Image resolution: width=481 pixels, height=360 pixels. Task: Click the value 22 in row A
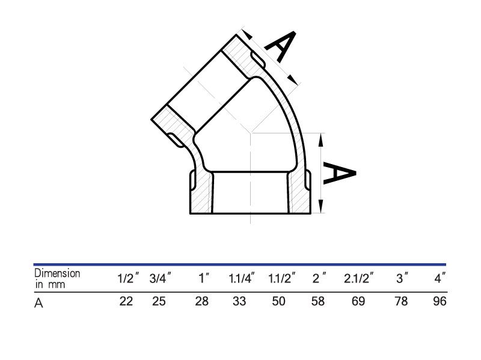click(126, 302)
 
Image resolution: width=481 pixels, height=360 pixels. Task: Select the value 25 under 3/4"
click(159, 302)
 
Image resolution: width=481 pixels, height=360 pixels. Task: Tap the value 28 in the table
click(201, 302)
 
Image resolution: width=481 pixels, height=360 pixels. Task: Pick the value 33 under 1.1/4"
click(239, 302)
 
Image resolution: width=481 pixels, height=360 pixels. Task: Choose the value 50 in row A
click(278, 302)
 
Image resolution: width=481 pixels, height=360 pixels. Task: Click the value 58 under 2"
click(318, 302)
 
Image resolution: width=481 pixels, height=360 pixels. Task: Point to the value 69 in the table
click(358, 302)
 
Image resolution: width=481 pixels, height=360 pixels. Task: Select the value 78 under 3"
click(401, 302)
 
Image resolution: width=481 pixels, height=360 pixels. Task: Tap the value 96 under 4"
click(440, 302)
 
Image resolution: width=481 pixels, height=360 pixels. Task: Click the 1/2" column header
click(128, 278)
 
